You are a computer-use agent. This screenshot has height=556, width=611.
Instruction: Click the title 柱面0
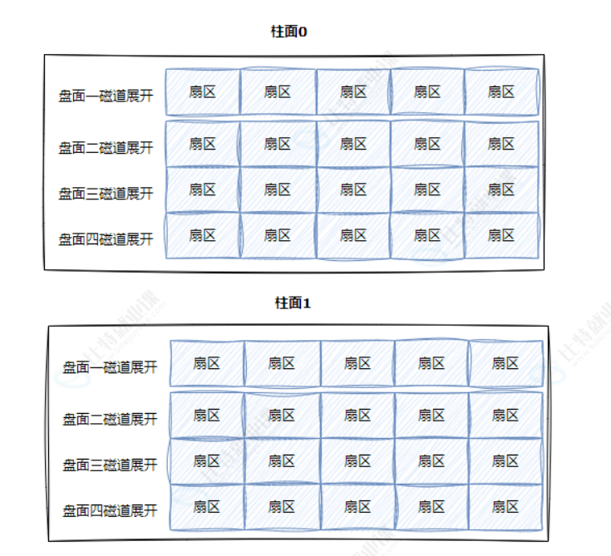click(x=290, y=32)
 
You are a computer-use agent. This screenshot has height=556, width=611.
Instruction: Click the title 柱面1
click(x=293, y=303)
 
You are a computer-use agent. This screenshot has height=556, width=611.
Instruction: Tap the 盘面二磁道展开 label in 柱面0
click(x=106, y=147)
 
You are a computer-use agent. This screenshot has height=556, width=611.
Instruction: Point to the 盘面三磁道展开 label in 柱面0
click(x=106, y=193)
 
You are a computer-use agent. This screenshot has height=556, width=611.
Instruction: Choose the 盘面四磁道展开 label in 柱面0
click(x=106, y=239)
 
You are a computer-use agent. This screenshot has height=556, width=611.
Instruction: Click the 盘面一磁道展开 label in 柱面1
click(x=110, y=367)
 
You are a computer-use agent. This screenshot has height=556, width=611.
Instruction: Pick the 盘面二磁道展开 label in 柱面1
click(x=110, y=418)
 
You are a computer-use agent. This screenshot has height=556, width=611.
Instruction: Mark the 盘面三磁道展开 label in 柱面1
click(x=110, y=464)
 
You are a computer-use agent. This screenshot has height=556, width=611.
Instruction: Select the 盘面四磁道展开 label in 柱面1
click(x=110, y=509)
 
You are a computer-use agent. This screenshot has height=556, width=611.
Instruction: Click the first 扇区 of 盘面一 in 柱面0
click(x=202, y=91)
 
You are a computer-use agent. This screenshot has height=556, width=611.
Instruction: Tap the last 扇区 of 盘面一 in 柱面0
click(x=501, y=91)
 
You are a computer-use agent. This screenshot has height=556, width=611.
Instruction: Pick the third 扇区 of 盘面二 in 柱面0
click(x=352, y=144)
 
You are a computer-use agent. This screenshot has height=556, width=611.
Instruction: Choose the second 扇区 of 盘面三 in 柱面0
click(x=277, y=189)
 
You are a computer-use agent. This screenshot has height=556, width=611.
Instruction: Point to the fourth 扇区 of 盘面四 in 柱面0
click(x=426, y=235)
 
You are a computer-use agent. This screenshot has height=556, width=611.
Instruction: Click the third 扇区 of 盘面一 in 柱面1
click(x=357, y=363)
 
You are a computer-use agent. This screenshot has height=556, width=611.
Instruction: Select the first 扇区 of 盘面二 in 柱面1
click(x=206, y=415)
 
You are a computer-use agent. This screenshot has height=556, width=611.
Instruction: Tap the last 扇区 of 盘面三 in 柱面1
click(x=505, y=460)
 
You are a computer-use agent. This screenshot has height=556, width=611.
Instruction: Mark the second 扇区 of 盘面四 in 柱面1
click(x=281, y=506)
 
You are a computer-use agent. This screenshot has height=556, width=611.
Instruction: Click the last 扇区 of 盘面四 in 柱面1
click(x=505, y=506)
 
